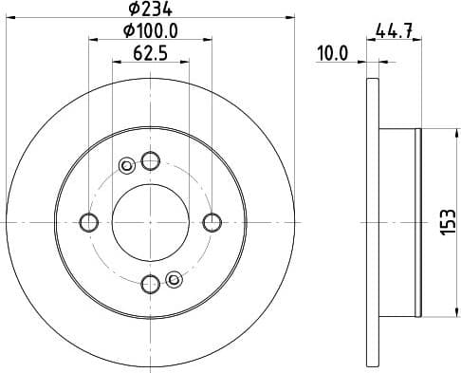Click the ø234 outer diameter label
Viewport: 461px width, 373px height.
[148, 12]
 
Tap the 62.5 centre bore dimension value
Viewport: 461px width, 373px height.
[148, 54]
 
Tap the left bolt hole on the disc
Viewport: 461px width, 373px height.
[89, 222]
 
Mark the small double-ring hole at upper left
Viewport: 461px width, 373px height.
[126, 168]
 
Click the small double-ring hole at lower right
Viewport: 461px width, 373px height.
[173, 278]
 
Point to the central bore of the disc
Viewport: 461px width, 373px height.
[149, 222]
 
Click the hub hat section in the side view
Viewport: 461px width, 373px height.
[397, 222]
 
